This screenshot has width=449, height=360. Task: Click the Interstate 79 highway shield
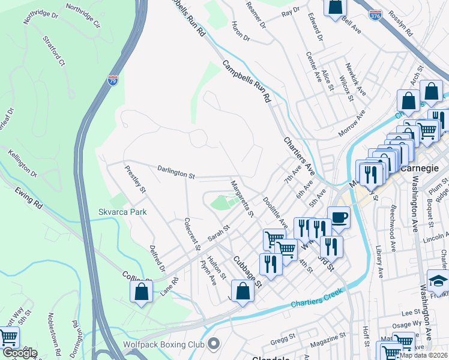(113, 80)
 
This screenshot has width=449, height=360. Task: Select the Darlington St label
(176, 173)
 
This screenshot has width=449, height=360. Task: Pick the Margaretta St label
(243, 197)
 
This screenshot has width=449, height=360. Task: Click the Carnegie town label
(420, 169)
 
